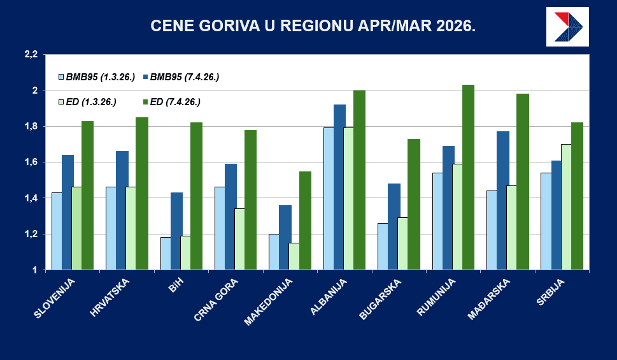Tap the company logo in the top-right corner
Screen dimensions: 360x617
pyautogui.click(x=567, y=27)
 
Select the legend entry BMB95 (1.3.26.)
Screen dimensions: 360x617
pyautogui.click(x=96, y=76)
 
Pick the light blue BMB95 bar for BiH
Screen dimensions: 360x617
pyautogui.click(x=166, y=254)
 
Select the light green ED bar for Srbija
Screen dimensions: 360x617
pyautogui.click(x=566, y=207)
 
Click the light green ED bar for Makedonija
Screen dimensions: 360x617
pyautogui.click(x=294, y=256)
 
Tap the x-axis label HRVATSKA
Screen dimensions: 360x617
pyautogui.click(x=111, y=297)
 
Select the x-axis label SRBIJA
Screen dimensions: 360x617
pyautogui.click(x=549, y=292)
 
